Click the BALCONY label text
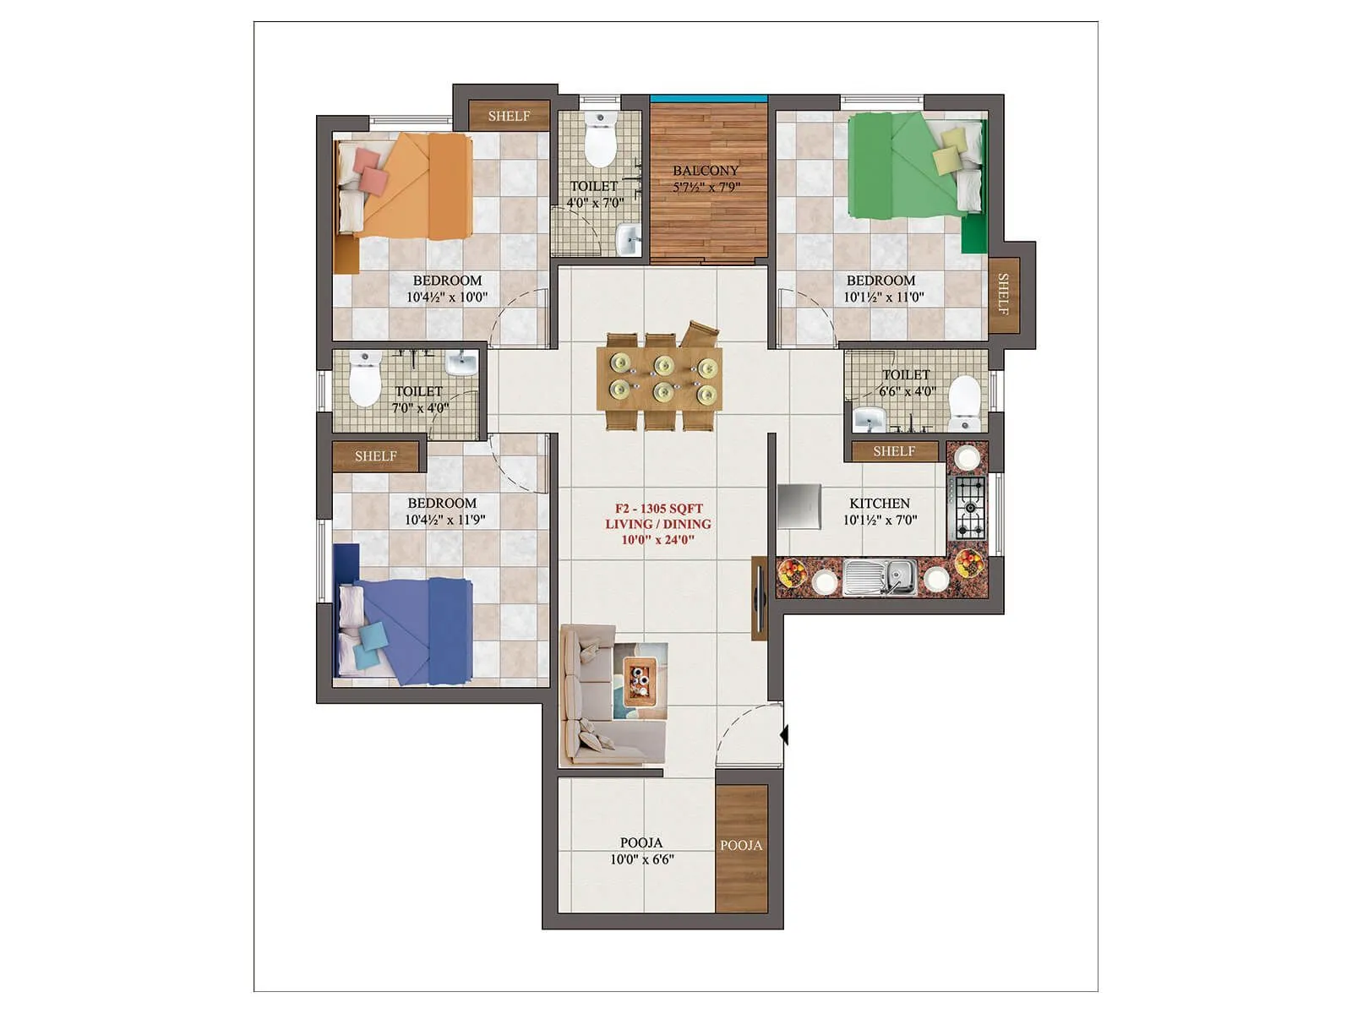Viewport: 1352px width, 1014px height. coord(705,171)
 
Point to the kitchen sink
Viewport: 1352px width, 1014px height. coord(880,577)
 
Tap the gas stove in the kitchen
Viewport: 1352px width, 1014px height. coord(968,507)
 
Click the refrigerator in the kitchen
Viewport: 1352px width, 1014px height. coord(799,506)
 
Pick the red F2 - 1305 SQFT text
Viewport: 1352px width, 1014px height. coord(658,509)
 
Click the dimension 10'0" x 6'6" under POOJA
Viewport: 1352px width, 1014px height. coord(641,860)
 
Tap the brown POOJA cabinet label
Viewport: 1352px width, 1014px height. coord(741,845)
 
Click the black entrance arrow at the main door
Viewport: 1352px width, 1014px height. coord(784,734)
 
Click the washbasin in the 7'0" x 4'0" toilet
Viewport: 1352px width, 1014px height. coord(461,363)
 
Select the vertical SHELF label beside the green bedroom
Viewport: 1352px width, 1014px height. coord(1003,293)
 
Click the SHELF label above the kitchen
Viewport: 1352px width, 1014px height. coord(894,451)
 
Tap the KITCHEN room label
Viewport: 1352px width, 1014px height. coord(880,503)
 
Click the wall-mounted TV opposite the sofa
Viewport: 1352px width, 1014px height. coord(759,597)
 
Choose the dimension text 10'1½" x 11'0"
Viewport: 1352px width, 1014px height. coord(884,297)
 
